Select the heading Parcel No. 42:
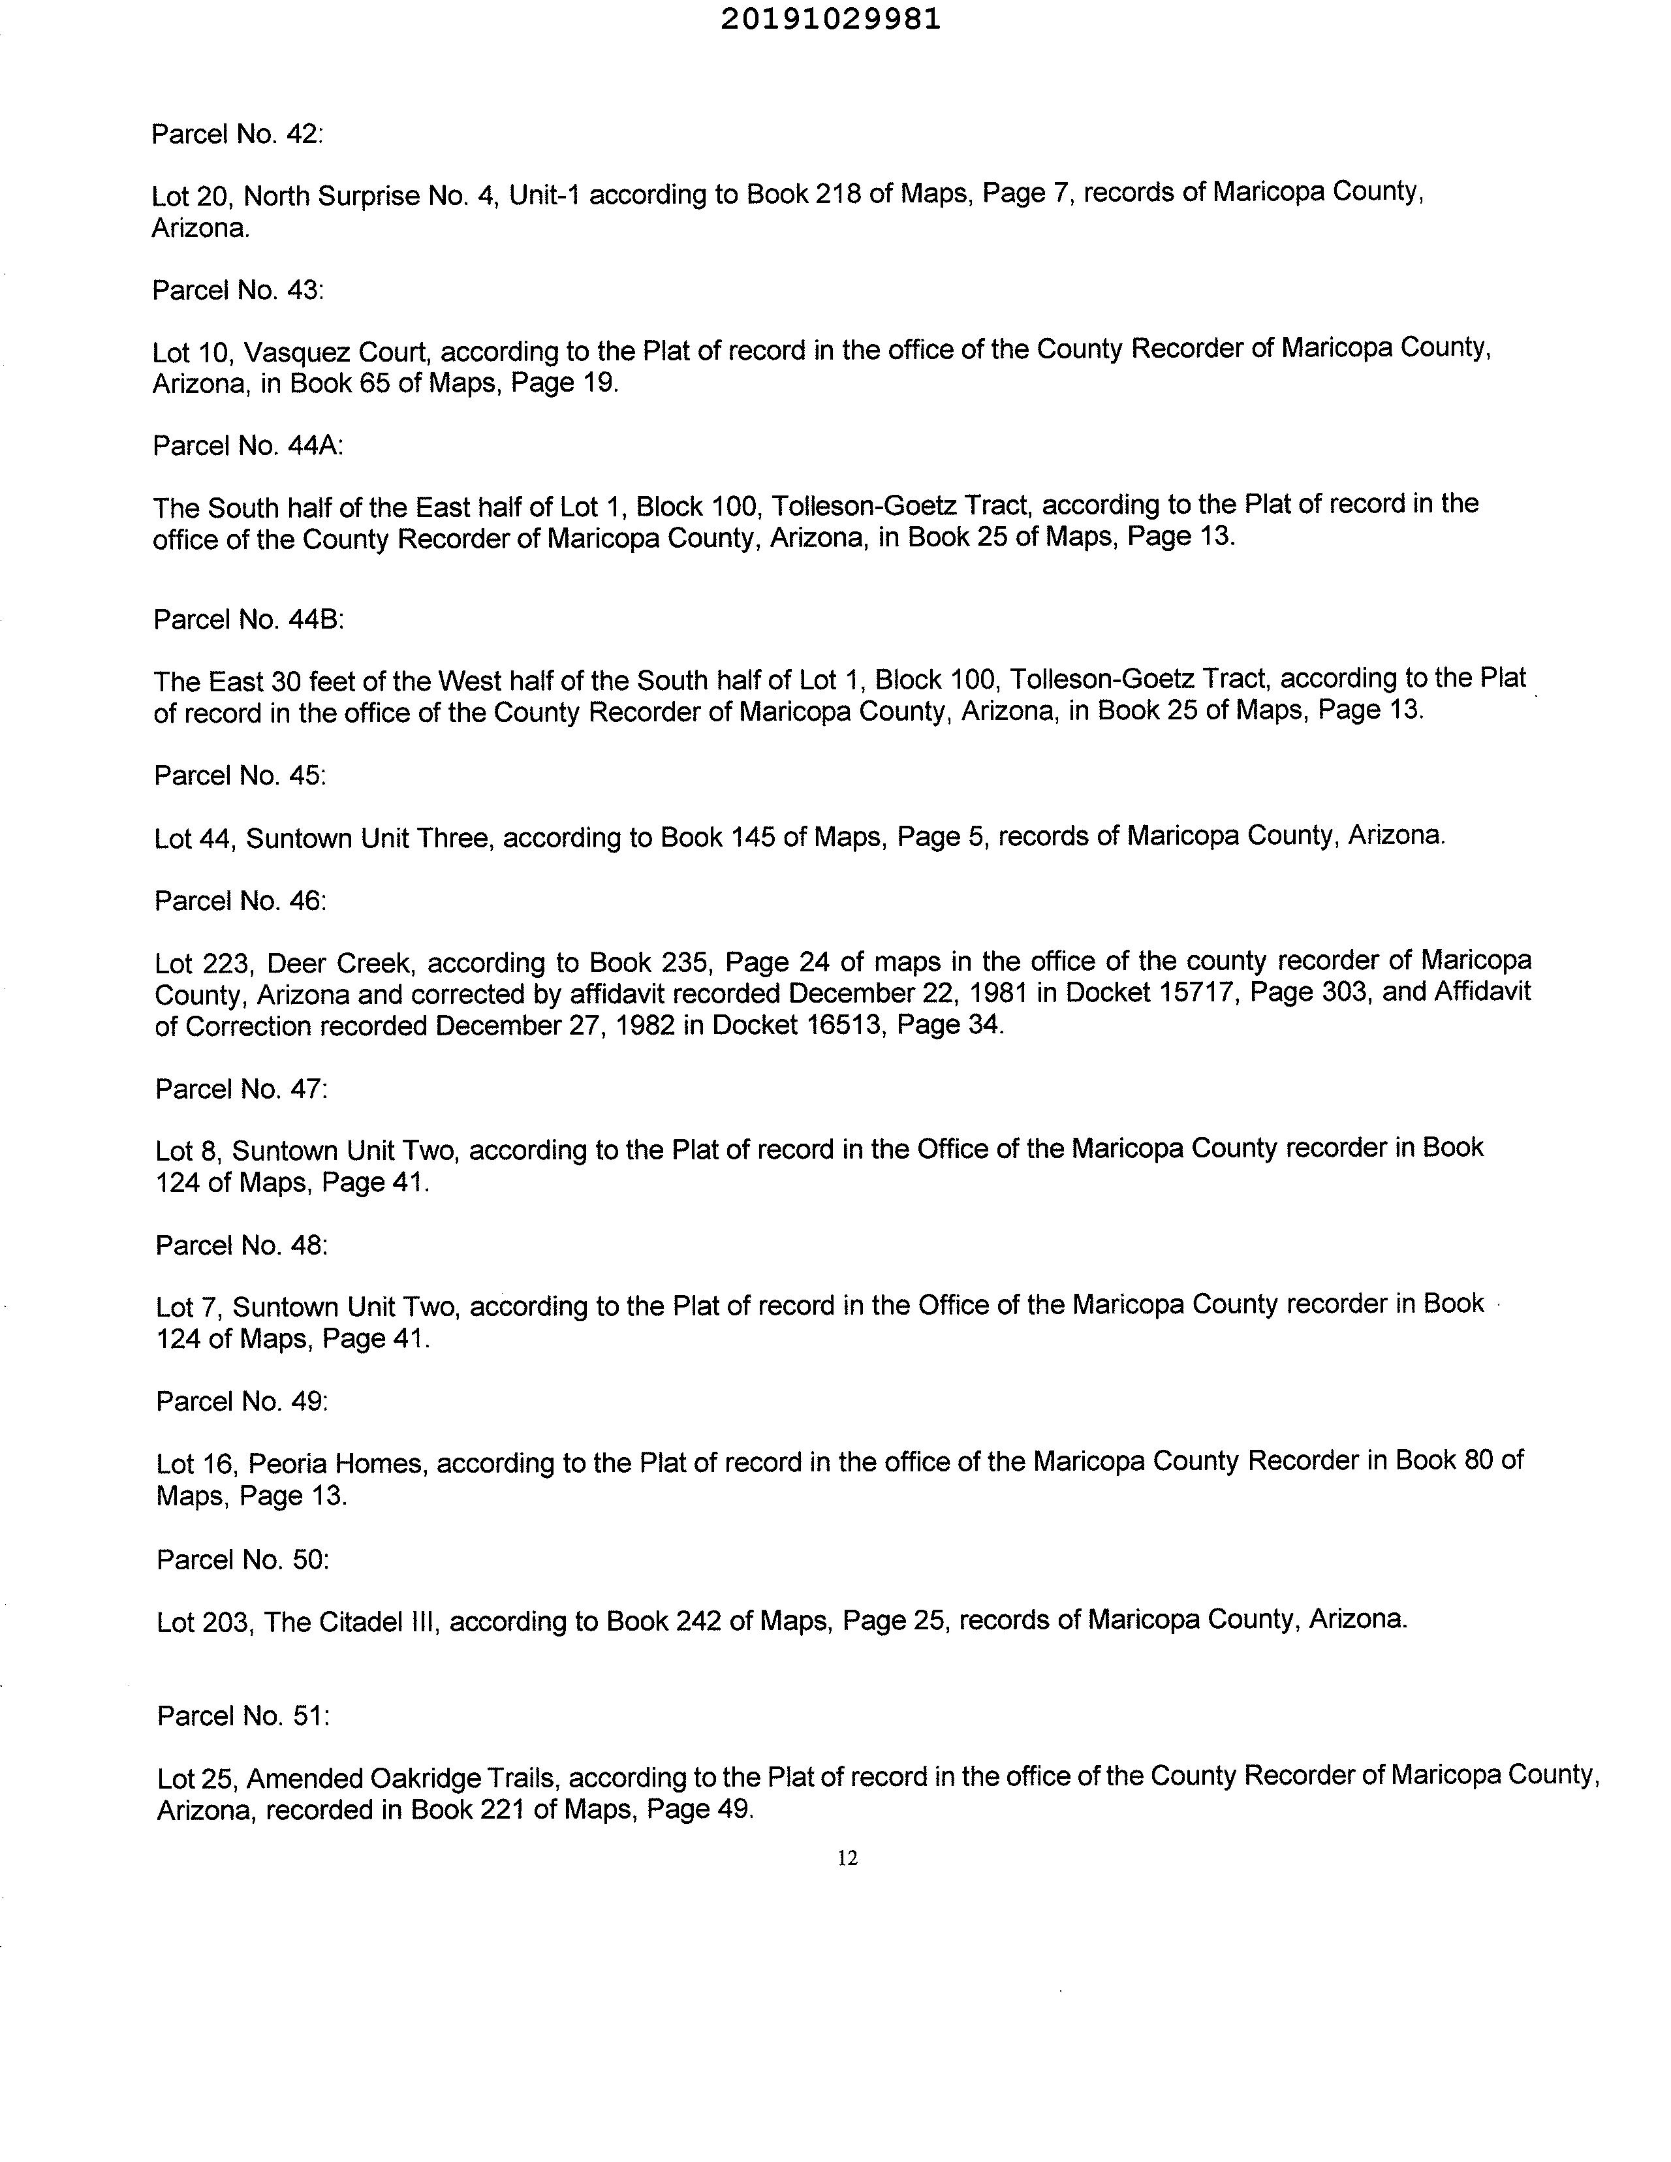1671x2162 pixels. click(x=238, y=134)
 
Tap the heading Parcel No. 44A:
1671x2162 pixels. click(x=247, y=446)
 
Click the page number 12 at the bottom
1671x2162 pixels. click(x=847, y=1858)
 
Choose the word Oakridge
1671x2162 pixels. click(x=428, y=1778)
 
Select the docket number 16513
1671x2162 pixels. click(x=839, y=1026)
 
